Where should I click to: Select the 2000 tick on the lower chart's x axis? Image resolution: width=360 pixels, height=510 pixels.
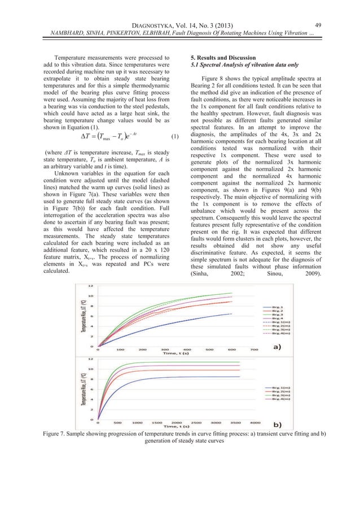coord(177,422)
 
